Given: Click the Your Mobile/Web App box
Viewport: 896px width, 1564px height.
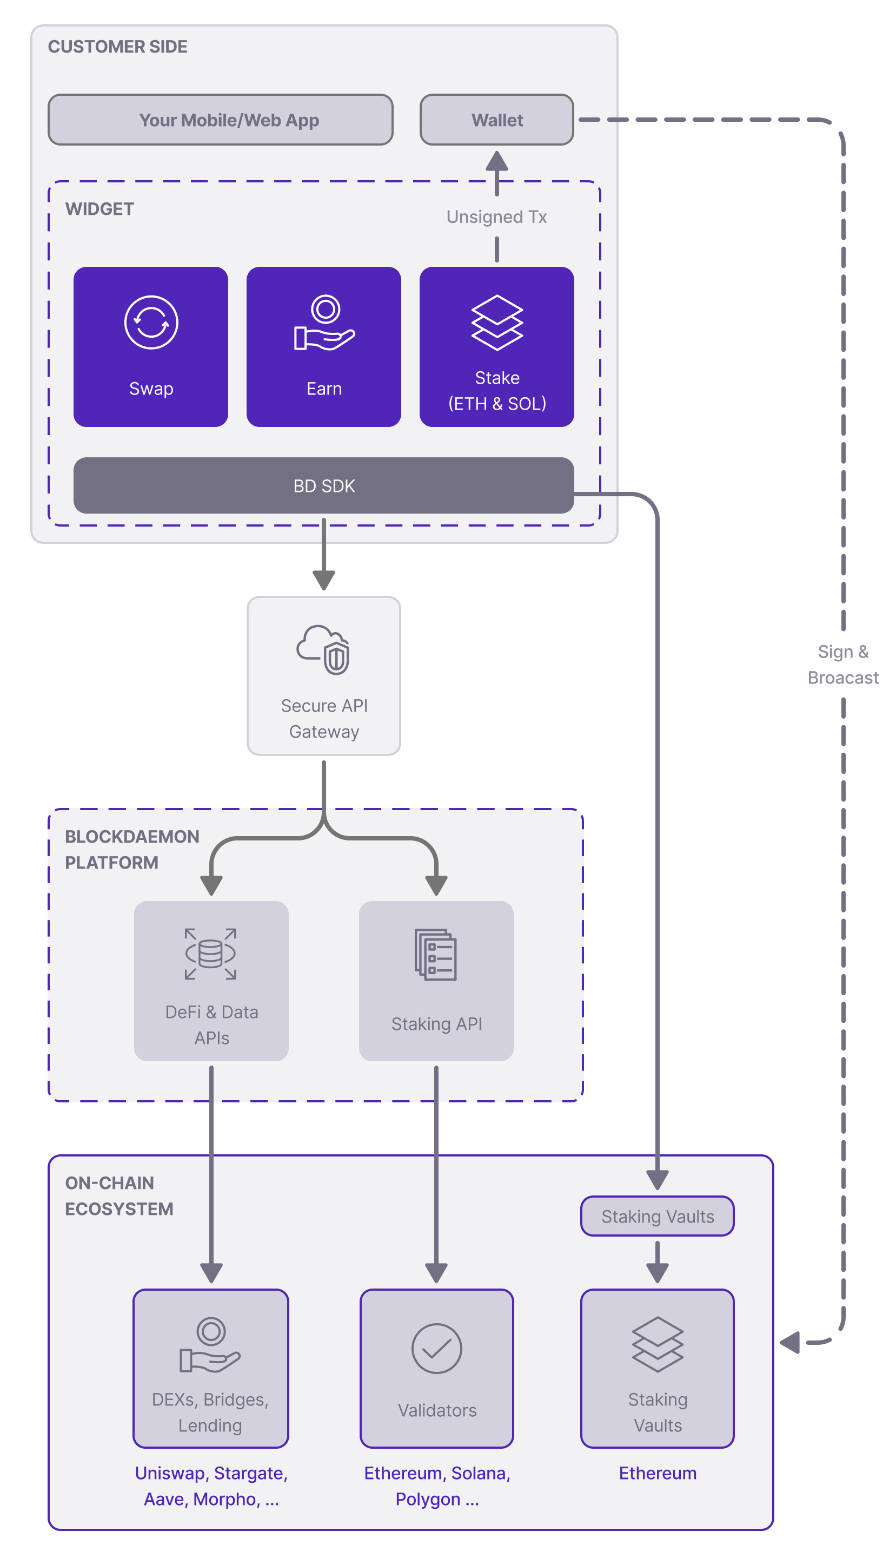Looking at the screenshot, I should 220,120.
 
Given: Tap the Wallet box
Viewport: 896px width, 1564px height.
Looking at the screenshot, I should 496,120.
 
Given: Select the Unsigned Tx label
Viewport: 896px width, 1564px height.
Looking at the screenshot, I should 496,217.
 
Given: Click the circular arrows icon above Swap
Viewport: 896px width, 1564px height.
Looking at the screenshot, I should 151,322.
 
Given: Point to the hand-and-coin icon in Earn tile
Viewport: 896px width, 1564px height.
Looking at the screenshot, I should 324,323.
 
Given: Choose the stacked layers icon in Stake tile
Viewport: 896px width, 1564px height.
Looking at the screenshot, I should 496,323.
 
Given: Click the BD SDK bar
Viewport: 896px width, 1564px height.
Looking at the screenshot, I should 324,486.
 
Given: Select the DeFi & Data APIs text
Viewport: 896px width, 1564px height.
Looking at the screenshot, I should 211,1024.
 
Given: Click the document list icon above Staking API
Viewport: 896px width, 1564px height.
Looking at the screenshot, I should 436,955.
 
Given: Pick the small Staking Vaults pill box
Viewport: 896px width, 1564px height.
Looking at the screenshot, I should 657,1216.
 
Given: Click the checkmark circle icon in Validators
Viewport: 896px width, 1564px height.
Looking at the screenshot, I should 436,1349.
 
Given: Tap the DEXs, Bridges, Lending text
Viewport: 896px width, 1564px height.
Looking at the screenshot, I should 210,1412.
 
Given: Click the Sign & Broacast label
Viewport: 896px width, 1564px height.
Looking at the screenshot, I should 842,665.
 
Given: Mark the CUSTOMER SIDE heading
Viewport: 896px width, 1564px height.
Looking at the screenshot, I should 117,47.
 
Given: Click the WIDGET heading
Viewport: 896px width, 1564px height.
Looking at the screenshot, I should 99,209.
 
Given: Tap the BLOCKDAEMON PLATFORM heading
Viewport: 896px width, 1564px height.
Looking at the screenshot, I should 132,849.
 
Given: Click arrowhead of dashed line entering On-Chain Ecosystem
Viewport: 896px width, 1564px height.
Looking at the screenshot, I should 789,1342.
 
